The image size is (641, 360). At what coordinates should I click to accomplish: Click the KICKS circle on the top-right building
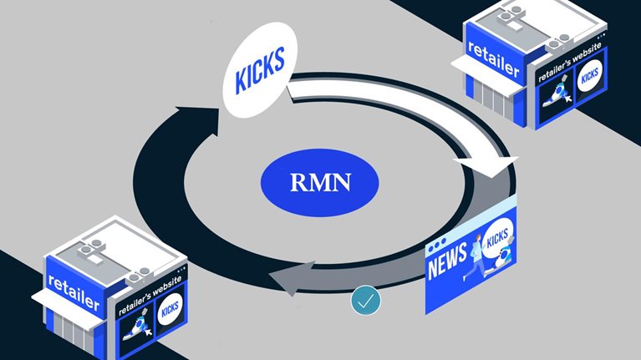tap(589, 74)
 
